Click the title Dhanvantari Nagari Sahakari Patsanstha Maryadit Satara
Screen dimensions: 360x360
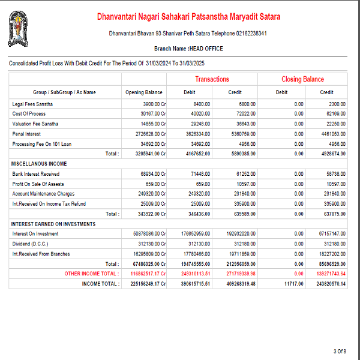coord(188,17)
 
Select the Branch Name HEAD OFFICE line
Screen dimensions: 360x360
coord(188,48)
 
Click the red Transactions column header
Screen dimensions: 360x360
coord(212,79)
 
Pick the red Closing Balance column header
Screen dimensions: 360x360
coord(302,79)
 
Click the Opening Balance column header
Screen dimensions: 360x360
coord(143,92)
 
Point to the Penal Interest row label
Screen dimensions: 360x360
coord(26,134)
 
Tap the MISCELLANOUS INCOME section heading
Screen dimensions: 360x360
coord(39,164)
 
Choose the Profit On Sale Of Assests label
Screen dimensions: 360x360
coord(38,184)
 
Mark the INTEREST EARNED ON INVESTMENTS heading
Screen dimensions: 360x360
coord(53,224)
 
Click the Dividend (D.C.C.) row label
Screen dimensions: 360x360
coord(30,244)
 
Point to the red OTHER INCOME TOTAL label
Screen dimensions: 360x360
coord(91,274)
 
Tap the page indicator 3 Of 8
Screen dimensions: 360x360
coord(340,351)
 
